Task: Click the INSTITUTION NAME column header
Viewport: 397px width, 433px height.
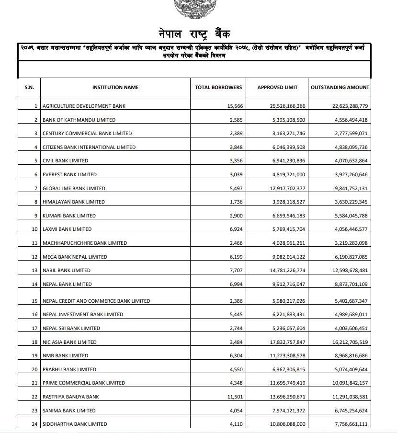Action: click(x=115, y=87)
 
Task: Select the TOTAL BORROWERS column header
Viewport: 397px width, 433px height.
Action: click(x=218, y=87)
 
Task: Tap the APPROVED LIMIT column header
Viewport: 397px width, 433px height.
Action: click(x=277, y=87)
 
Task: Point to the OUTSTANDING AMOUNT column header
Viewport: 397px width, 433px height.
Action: click(x=340, y=87)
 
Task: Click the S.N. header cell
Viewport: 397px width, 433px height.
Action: click(x=29, y=87)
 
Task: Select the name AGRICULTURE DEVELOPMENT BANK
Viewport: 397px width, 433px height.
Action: click(x=84, y=106)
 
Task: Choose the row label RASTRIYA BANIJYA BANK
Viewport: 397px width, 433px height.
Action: click(x=70, y=397)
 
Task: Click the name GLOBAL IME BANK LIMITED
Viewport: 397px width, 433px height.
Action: click(x=74, y=188)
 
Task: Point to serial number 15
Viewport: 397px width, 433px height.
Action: click(x=34, y=301)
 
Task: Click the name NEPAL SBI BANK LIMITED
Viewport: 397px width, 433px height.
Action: click(x=71, y=328)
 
